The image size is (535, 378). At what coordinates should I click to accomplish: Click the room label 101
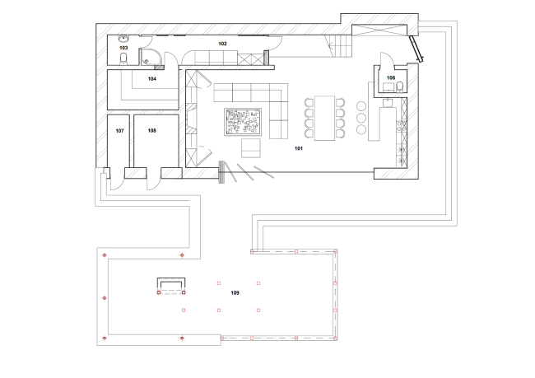pyautogui.click(x=298, y=150)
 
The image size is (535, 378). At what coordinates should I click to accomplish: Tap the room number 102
pyautogui.click(x=222, y=42)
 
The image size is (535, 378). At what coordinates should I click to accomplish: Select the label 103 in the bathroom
pyautogui.click(x=123, y=49)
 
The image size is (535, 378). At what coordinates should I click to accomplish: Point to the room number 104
pyautogui.click(x=151, y=79)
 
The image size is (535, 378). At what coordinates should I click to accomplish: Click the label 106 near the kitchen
pyautogui.click(x=391, y=79)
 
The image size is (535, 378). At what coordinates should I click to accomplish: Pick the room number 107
pyautogui.click(x=119, y=131)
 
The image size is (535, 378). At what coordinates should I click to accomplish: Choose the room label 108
pyautogui.click(x=151, y=131)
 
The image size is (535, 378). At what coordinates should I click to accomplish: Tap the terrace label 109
pyautogui.click(x=235, y=293)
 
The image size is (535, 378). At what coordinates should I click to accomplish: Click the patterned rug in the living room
pyautogui.click(x=244, y=124)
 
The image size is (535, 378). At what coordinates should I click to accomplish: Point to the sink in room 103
pyautogui.click(x=123, y=39)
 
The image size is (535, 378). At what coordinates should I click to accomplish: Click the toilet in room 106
pyautogui.click(x=399, y=86)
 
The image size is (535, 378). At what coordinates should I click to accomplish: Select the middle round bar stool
pyautogui.click(x=361, y=118)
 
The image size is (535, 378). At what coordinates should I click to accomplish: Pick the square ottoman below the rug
pyautogui.click(x=250, y=148)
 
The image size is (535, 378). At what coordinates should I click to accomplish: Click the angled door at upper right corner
pyautogui.click(x=417, y=50)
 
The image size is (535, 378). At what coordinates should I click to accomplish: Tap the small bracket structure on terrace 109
pyautogui.click(x=170, y=285)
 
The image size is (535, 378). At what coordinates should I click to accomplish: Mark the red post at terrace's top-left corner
pyautogui.click(x=104, y=255)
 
